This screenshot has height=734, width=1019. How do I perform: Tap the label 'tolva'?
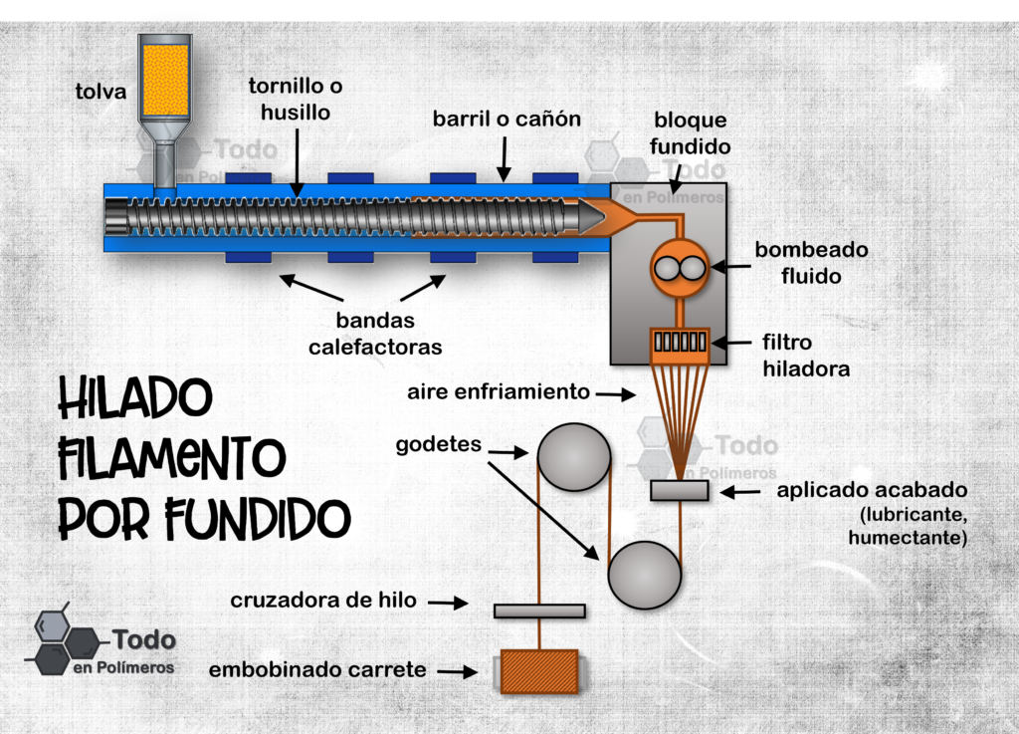pyautogui.click(x=101, y=92)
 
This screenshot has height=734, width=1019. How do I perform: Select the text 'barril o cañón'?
pyautogui.click(x=507, y=119)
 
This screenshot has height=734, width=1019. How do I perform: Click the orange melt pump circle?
pyautogui.click(x=680, y=268)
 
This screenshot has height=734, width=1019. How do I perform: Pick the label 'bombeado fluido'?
pyautogui.click(x=811, y=263)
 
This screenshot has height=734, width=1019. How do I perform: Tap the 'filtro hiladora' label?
pyautogui.click(x=806, y=356)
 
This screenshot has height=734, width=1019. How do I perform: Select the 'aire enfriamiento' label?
pyautogui.click(x=499, y=392)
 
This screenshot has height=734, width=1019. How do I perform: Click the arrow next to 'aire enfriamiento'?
pyautogui.click(x=615, y=394)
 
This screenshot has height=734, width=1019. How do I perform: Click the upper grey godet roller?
pyautogui.click(x=574, y=456)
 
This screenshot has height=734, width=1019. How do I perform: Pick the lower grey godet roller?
pyautogui.click(x=645, y=576)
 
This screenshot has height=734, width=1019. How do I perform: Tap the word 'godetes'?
pyautogui.click(x=439, y=445)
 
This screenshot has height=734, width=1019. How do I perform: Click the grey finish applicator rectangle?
pyautogui.click(x=680, y=491)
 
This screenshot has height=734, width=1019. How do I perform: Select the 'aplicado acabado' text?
pyautogui.click(x=872, y=490)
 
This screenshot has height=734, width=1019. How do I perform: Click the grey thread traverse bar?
pyautogui.click(x=539, y=612)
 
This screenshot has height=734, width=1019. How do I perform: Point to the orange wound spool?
pyautogui.click(x=539, y=671)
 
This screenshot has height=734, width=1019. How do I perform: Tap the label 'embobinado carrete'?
pyautogui.click(x=317, y=669)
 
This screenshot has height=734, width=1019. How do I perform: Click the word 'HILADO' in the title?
pyautogui.click(x=135, y=398)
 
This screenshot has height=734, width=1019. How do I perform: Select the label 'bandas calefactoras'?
pyautogui.click(x=375, y=334)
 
